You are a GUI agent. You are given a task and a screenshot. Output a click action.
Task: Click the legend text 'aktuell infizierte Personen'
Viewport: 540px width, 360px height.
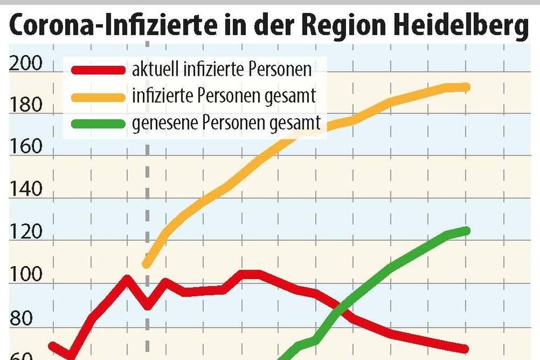[x=222, y=70]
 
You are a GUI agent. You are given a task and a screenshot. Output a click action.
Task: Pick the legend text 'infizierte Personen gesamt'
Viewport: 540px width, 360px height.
[x=223, y=96]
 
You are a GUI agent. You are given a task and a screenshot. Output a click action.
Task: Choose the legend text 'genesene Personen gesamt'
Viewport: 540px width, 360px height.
[x=226, y=123]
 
